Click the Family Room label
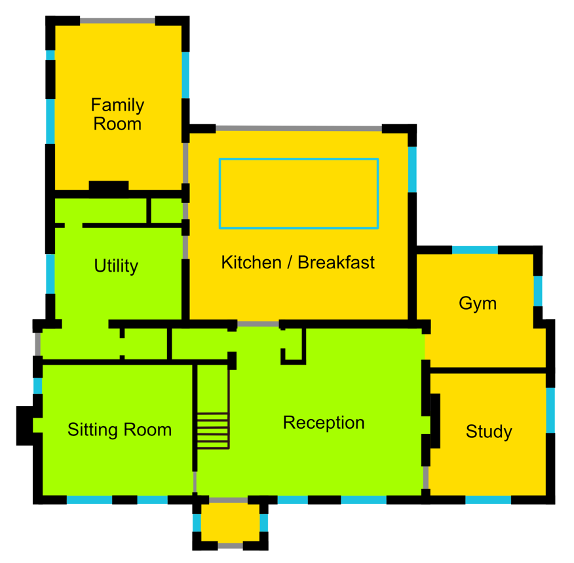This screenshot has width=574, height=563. tap(117, 114)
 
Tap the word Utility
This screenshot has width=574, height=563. tap(116, 266)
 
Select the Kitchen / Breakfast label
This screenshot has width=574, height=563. tap(298, 263)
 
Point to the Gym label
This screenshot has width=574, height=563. tap(478, 303)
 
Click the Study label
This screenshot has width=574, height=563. tap(489, 431)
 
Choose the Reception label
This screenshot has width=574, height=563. tap(324, 423)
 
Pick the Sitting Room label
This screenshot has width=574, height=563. tap(120, 429)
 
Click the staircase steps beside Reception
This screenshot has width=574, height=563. tap(213, 431)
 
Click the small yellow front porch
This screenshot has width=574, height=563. tap(230, 523)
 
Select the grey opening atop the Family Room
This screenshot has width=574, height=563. tap(117, 21)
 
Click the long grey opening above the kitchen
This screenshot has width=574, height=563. tap(299, 128)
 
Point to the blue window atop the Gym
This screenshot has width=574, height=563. tap(475, 250)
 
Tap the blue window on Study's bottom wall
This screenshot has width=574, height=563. tap(488, 499)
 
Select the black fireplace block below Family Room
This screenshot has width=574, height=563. tap(109, 186)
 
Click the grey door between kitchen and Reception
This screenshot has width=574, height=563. tap(258, 324)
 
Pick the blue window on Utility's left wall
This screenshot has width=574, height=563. tap(50, 274)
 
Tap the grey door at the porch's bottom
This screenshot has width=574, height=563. tap(230, 546)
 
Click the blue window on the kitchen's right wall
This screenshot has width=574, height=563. tap(412, 170)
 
